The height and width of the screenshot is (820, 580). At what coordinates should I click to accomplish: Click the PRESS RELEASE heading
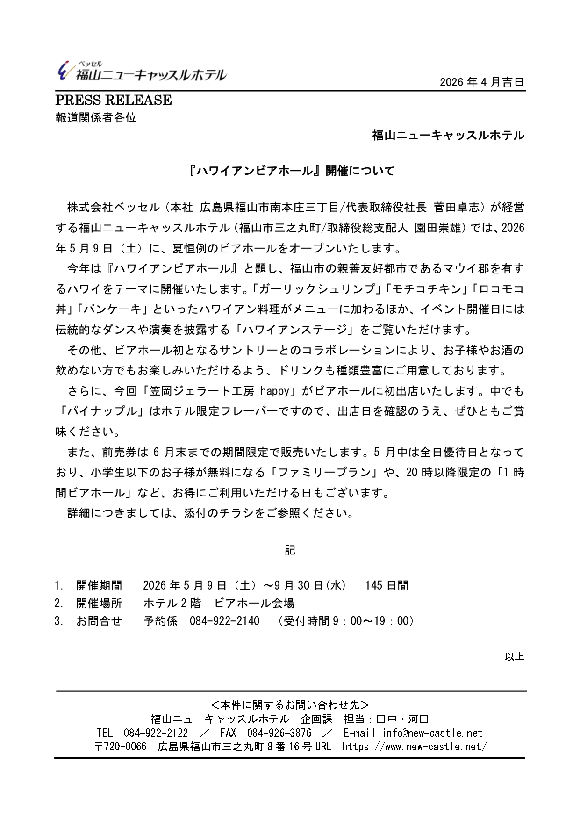pyautogui.click(x=114, y=100)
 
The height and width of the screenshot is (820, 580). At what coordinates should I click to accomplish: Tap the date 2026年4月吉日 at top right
pyautogui.click(x=482, y=82)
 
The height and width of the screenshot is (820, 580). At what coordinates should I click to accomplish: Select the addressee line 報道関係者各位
pyautogui.click(x=96, y=117)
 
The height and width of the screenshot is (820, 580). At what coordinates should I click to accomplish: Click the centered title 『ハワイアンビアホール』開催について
pyautogui.click(x=290, y=171)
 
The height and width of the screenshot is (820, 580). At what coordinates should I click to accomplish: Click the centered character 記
pyautogui.click(x=290, y=550)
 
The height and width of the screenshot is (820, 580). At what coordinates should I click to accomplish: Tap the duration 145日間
pyautogui.click(x=387, y=585)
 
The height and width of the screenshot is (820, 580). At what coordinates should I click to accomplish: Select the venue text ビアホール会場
pyautogui.click(x=254, y=603)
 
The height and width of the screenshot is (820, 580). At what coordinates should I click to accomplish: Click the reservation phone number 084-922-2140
pyautogui.click(x=224, y=621)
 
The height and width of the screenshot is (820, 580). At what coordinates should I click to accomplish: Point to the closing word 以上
pyautogui.click(x=514, y=656)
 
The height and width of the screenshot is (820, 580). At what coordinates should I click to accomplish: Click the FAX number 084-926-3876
pyautogui.click(x=279, y=733)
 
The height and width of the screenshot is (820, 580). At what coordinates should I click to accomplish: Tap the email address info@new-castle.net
pyautogui.click(x=432, y=733)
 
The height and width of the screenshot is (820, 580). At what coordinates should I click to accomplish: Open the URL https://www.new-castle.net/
pyautogui.click(x=414, y=747)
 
